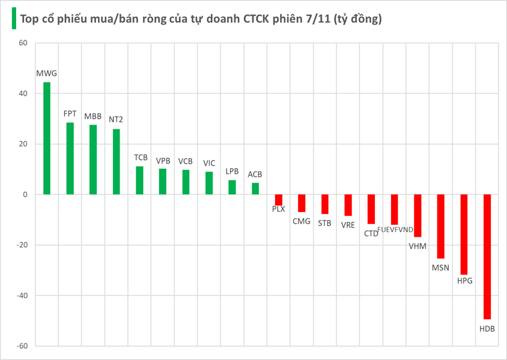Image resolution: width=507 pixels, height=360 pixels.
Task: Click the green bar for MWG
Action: [47, 138]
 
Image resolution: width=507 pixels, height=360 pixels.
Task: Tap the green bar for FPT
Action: [70, 159]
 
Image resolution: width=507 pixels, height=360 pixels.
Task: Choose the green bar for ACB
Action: [255, 189]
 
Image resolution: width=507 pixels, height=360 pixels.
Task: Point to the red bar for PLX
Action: [279, 200]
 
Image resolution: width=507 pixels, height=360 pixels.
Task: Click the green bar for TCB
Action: [139, 180]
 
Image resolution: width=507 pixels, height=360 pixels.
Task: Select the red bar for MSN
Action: [441, 226]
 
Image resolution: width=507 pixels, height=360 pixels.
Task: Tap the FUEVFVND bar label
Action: [395, 230]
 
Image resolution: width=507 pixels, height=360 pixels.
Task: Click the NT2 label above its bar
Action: [116, 119]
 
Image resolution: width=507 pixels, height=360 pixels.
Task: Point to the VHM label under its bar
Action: [417, 246]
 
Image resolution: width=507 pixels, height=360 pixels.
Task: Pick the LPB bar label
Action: [232, 171]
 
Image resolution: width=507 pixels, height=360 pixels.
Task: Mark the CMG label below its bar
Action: [302, 222]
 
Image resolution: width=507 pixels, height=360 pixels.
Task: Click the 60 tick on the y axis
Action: [23, 43]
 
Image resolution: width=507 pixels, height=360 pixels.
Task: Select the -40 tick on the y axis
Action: [21, 296]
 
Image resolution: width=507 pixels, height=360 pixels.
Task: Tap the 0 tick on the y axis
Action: [25, 195]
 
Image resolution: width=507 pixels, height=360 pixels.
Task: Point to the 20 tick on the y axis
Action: [23, 144]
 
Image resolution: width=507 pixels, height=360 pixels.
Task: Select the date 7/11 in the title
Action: [329, 19]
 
